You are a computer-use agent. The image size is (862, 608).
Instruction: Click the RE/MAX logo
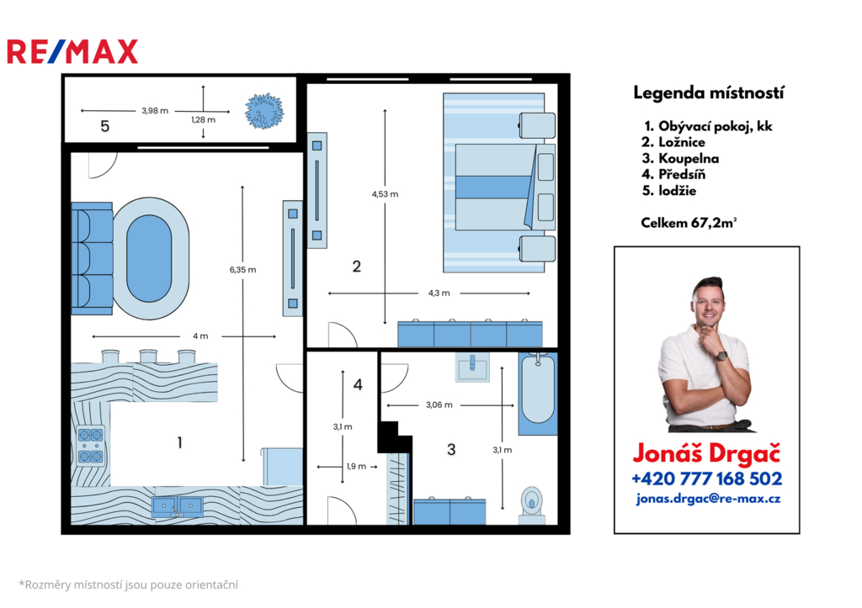(x=72, y=51)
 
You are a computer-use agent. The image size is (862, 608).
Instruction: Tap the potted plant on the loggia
(x=264, y=111)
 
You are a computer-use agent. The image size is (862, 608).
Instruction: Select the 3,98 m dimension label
(x=155, y=110)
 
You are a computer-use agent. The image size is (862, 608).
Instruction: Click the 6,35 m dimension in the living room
(x=243, y=270)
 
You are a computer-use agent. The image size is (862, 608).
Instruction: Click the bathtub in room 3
(x=538, y=393)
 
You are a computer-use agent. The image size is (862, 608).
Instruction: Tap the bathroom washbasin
(x=472, y=367)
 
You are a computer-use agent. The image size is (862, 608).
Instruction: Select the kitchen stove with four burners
(x=91, y=446)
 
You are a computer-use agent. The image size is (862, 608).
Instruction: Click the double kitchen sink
(x=177, y=506)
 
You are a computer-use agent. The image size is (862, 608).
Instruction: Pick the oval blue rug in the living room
(x=149, y=258)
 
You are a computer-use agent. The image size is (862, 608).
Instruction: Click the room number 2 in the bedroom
(x=357, y=267)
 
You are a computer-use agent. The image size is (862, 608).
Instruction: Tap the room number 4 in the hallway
(x=358, y=384)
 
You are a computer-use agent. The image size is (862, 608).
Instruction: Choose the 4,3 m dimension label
(x=439, y=293)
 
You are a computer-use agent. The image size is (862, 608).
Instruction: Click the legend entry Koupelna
(x=680, y=158)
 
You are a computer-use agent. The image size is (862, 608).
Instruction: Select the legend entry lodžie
(x=669, y=191)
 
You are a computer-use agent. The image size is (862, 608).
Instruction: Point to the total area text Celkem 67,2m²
(x=689, y=223)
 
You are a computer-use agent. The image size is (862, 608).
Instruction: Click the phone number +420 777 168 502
(x=707, y=478)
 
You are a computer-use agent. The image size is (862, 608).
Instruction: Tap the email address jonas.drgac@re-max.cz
(x=708, y=499)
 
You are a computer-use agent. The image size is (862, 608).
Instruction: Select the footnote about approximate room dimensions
(x=129, y=585)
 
